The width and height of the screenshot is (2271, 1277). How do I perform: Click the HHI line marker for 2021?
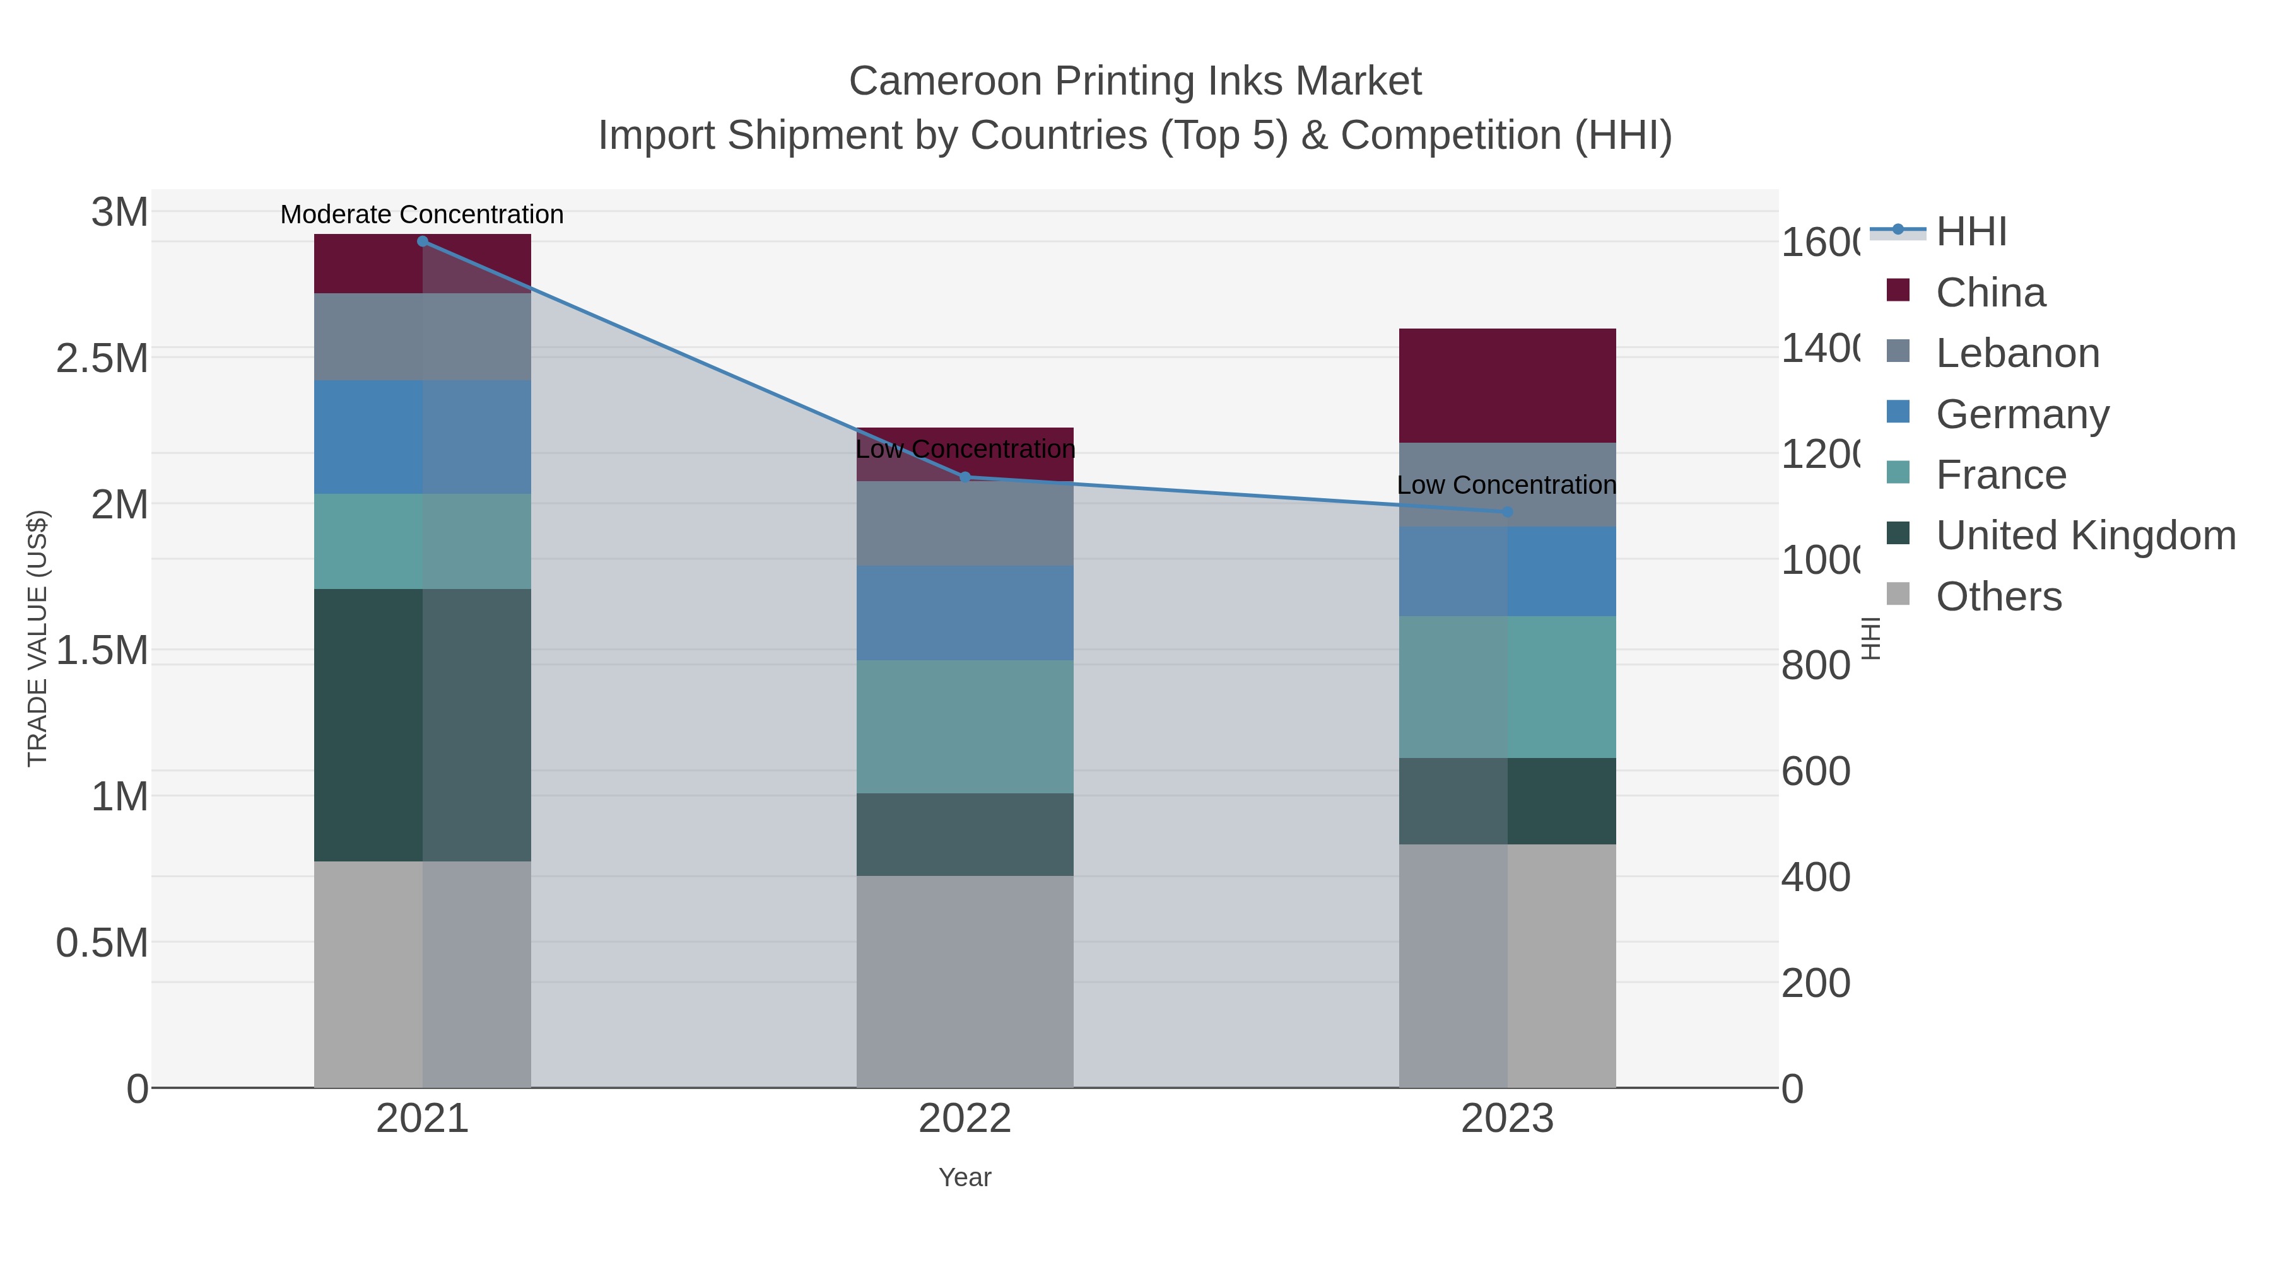click(x=422, y=242)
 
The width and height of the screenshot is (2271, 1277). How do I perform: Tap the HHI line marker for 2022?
click(x=965, y=477)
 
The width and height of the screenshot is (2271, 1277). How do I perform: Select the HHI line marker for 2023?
click(x=1506, y=512)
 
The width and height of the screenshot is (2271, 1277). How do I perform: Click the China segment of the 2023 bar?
click(x=1506, y=385)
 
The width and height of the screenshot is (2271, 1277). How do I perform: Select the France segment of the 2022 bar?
click(x=965, y=726)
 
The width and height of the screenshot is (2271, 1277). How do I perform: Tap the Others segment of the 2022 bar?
click(x=965, y=981)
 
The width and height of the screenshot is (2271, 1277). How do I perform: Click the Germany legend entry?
click(x=2022, y=413)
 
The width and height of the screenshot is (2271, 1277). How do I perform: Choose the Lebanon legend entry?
click(x=2017, y=353)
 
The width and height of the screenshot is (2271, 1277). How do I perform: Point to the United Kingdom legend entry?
click(x=2085, y=535)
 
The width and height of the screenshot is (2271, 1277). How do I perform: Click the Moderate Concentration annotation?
click(x=421, y=214)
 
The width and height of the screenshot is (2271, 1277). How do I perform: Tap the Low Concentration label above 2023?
click(x=1506, y=485)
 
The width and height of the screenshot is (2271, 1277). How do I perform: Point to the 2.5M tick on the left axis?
click(x=102, y=359)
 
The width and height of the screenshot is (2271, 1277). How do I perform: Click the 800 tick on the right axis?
click(x=1815, y=665)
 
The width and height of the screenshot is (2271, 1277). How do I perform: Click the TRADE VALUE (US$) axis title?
click(x=37, y=638)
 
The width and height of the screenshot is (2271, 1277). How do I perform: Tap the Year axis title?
click(x=965, y=1177)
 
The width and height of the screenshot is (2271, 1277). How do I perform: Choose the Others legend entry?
click(x=1998, y=596)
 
